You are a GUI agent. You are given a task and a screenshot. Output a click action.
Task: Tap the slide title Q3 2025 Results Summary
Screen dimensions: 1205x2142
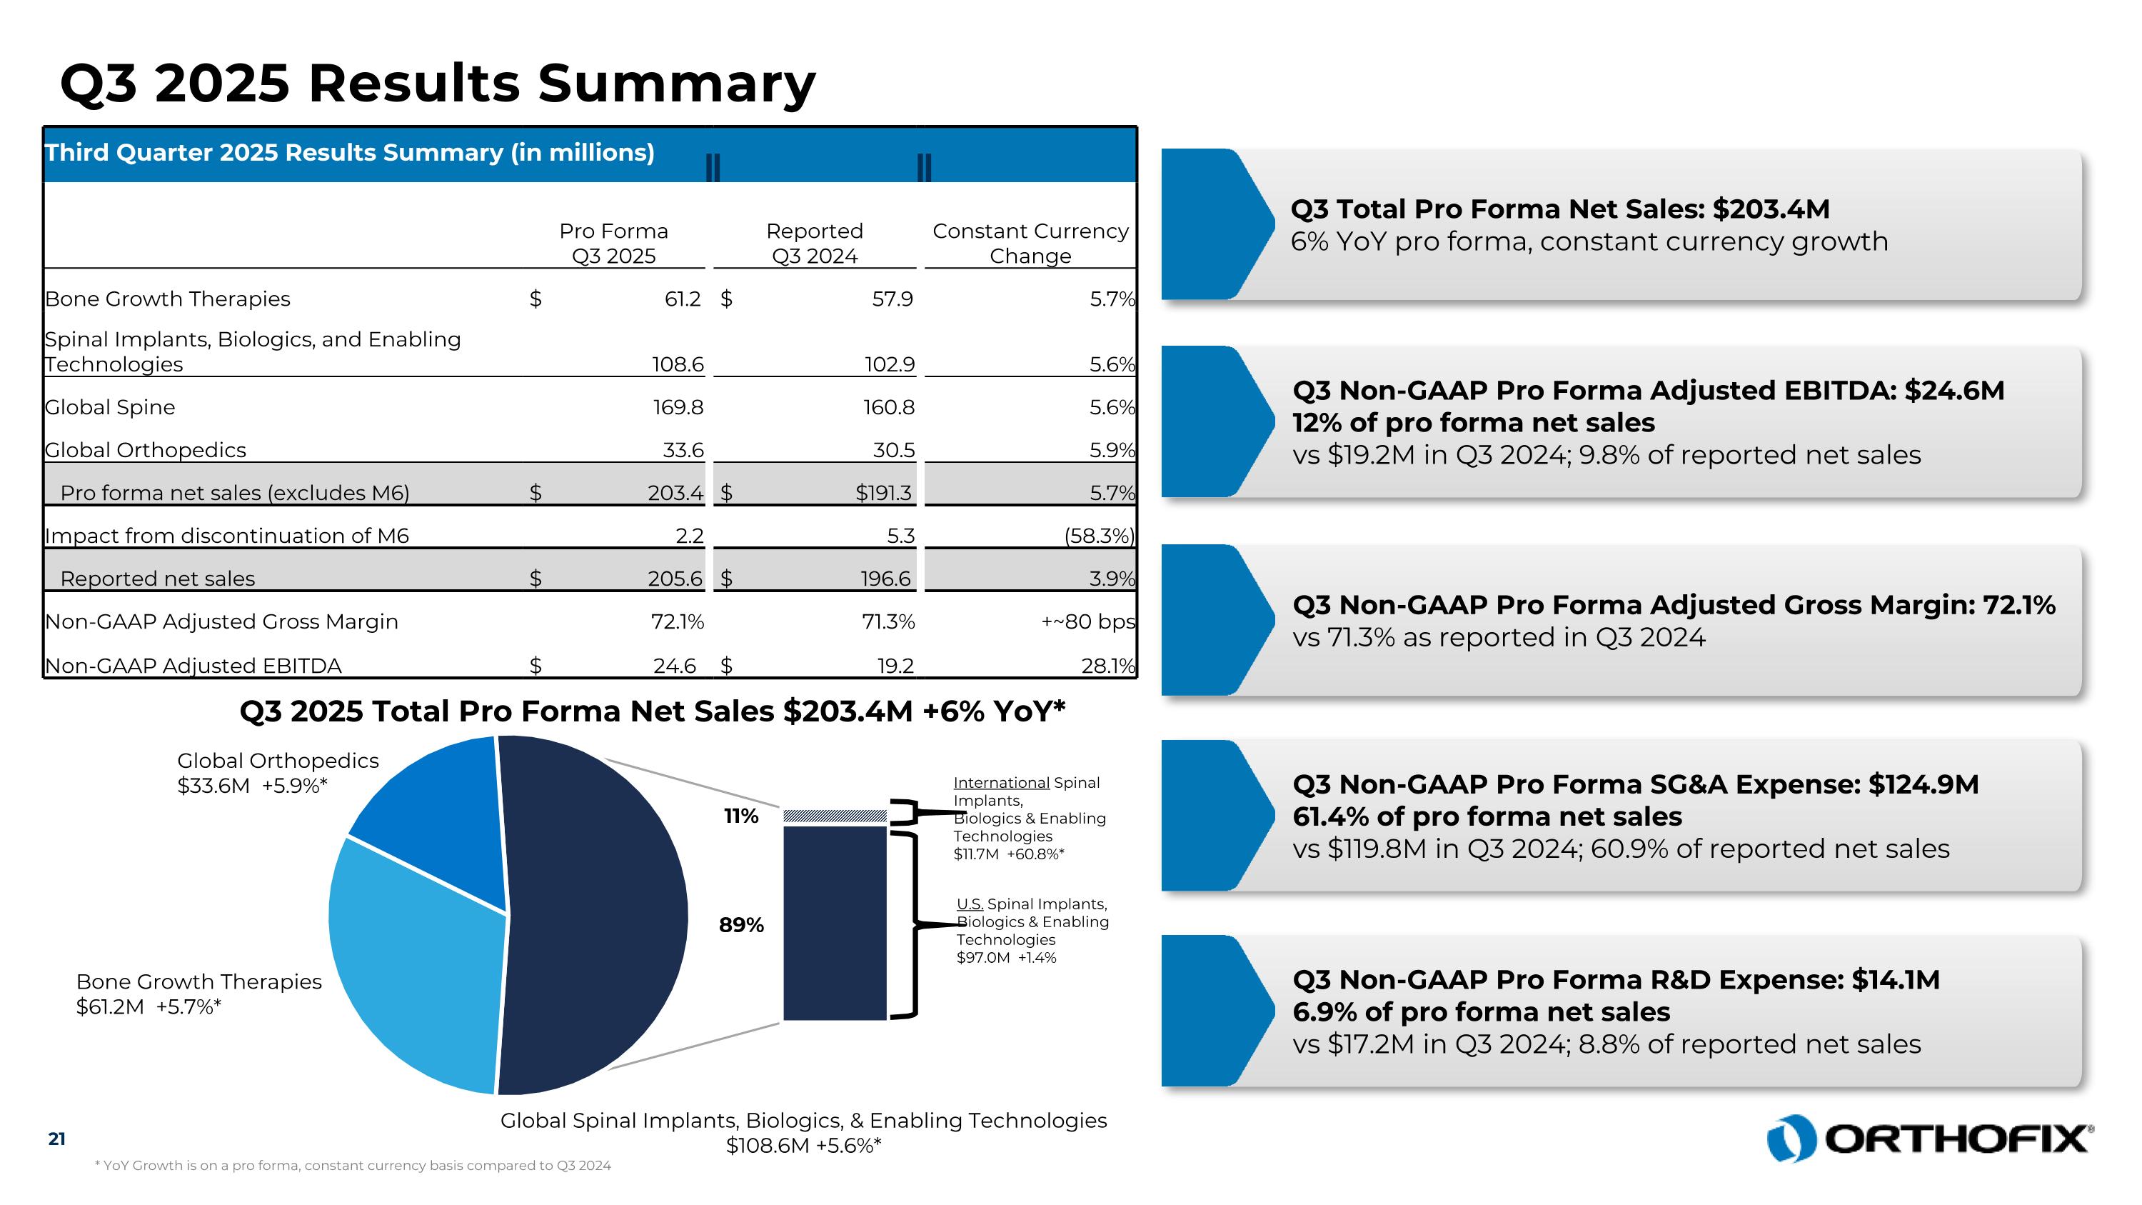[438, 84]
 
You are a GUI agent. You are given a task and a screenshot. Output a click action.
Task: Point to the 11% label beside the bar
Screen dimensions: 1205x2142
[741, 816]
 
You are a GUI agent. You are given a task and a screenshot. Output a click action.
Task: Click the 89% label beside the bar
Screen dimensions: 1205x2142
[741, 925]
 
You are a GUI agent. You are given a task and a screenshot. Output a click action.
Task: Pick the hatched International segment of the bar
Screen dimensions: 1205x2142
[835, 816]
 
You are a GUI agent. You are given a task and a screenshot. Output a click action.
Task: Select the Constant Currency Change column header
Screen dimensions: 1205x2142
[1030, 243]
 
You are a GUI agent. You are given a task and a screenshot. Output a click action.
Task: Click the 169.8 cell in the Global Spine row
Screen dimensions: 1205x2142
[678, 407]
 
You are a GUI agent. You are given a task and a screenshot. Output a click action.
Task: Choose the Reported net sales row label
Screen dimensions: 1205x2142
[158, 579]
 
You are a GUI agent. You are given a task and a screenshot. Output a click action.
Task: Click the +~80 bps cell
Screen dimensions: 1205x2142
[1087, 622]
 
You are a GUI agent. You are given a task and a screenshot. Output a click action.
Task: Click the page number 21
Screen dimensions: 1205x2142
[56, 1139]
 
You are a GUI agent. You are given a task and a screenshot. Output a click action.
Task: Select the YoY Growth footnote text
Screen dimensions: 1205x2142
[353, 1166]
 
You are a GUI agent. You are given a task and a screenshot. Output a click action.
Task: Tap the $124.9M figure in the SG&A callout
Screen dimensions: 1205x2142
[1923, 784]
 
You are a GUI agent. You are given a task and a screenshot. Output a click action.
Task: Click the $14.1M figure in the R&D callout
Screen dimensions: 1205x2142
[1895, 979]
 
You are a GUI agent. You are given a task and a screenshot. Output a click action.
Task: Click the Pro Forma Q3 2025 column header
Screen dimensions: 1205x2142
[613, 243]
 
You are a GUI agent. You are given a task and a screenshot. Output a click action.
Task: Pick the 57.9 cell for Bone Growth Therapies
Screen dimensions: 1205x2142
[892, 299]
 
